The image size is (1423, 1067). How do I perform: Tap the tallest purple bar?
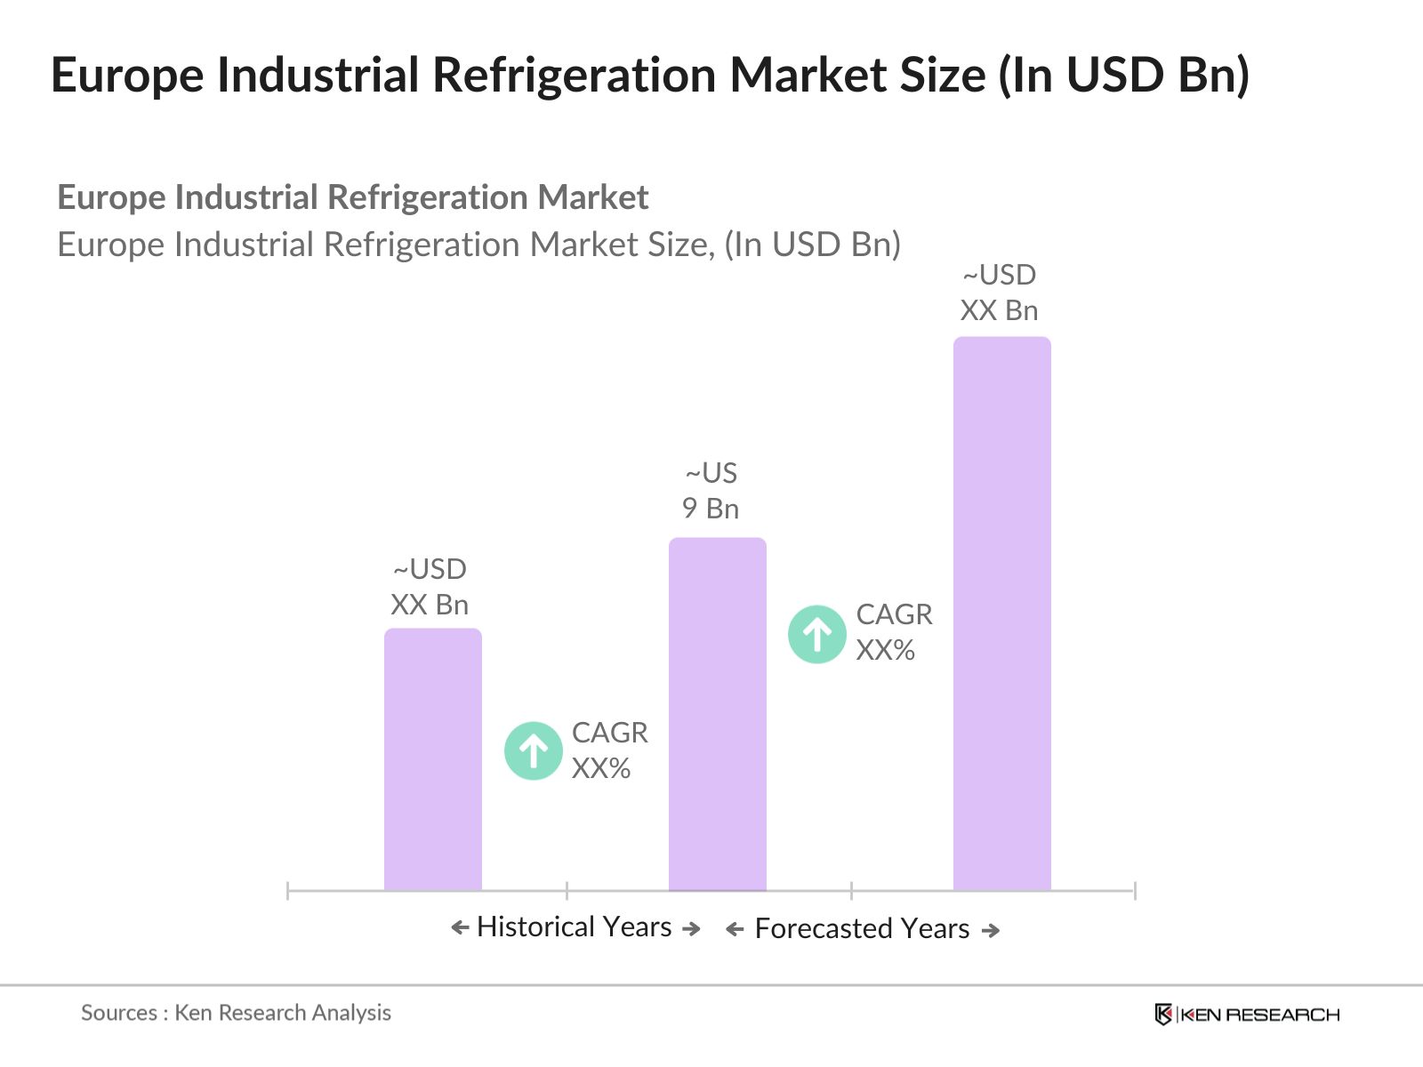pos(1001,613)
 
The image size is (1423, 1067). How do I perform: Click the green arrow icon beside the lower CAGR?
pos(534,750)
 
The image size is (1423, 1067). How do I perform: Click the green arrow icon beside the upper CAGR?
pos(816,634)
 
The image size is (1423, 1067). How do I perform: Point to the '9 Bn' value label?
pos(710,509)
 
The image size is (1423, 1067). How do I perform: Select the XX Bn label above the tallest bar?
pos(999,310)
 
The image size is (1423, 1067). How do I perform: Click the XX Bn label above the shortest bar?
pos(430,605)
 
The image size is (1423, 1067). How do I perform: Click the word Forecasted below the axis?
pos(824,928)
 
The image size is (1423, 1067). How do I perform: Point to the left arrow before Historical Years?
pos(460,928)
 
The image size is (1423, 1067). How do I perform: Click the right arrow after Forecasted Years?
pos(990,930)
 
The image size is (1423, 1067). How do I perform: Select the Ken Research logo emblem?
pos(1162,1015)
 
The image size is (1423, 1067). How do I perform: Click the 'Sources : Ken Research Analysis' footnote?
pos(236,1013)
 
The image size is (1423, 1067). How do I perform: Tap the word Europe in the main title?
pos(127,75)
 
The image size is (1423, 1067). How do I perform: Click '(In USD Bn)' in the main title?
pos(1123,75)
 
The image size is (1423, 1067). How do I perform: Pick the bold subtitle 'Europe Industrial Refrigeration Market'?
pos(352,197)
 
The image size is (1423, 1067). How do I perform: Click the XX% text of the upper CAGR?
pos(885,651)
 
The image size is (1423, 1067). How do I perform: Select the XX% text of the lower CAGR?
pos(601,768)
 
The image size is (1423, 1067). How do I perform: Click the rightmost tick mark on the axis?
pos(1135,890)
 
